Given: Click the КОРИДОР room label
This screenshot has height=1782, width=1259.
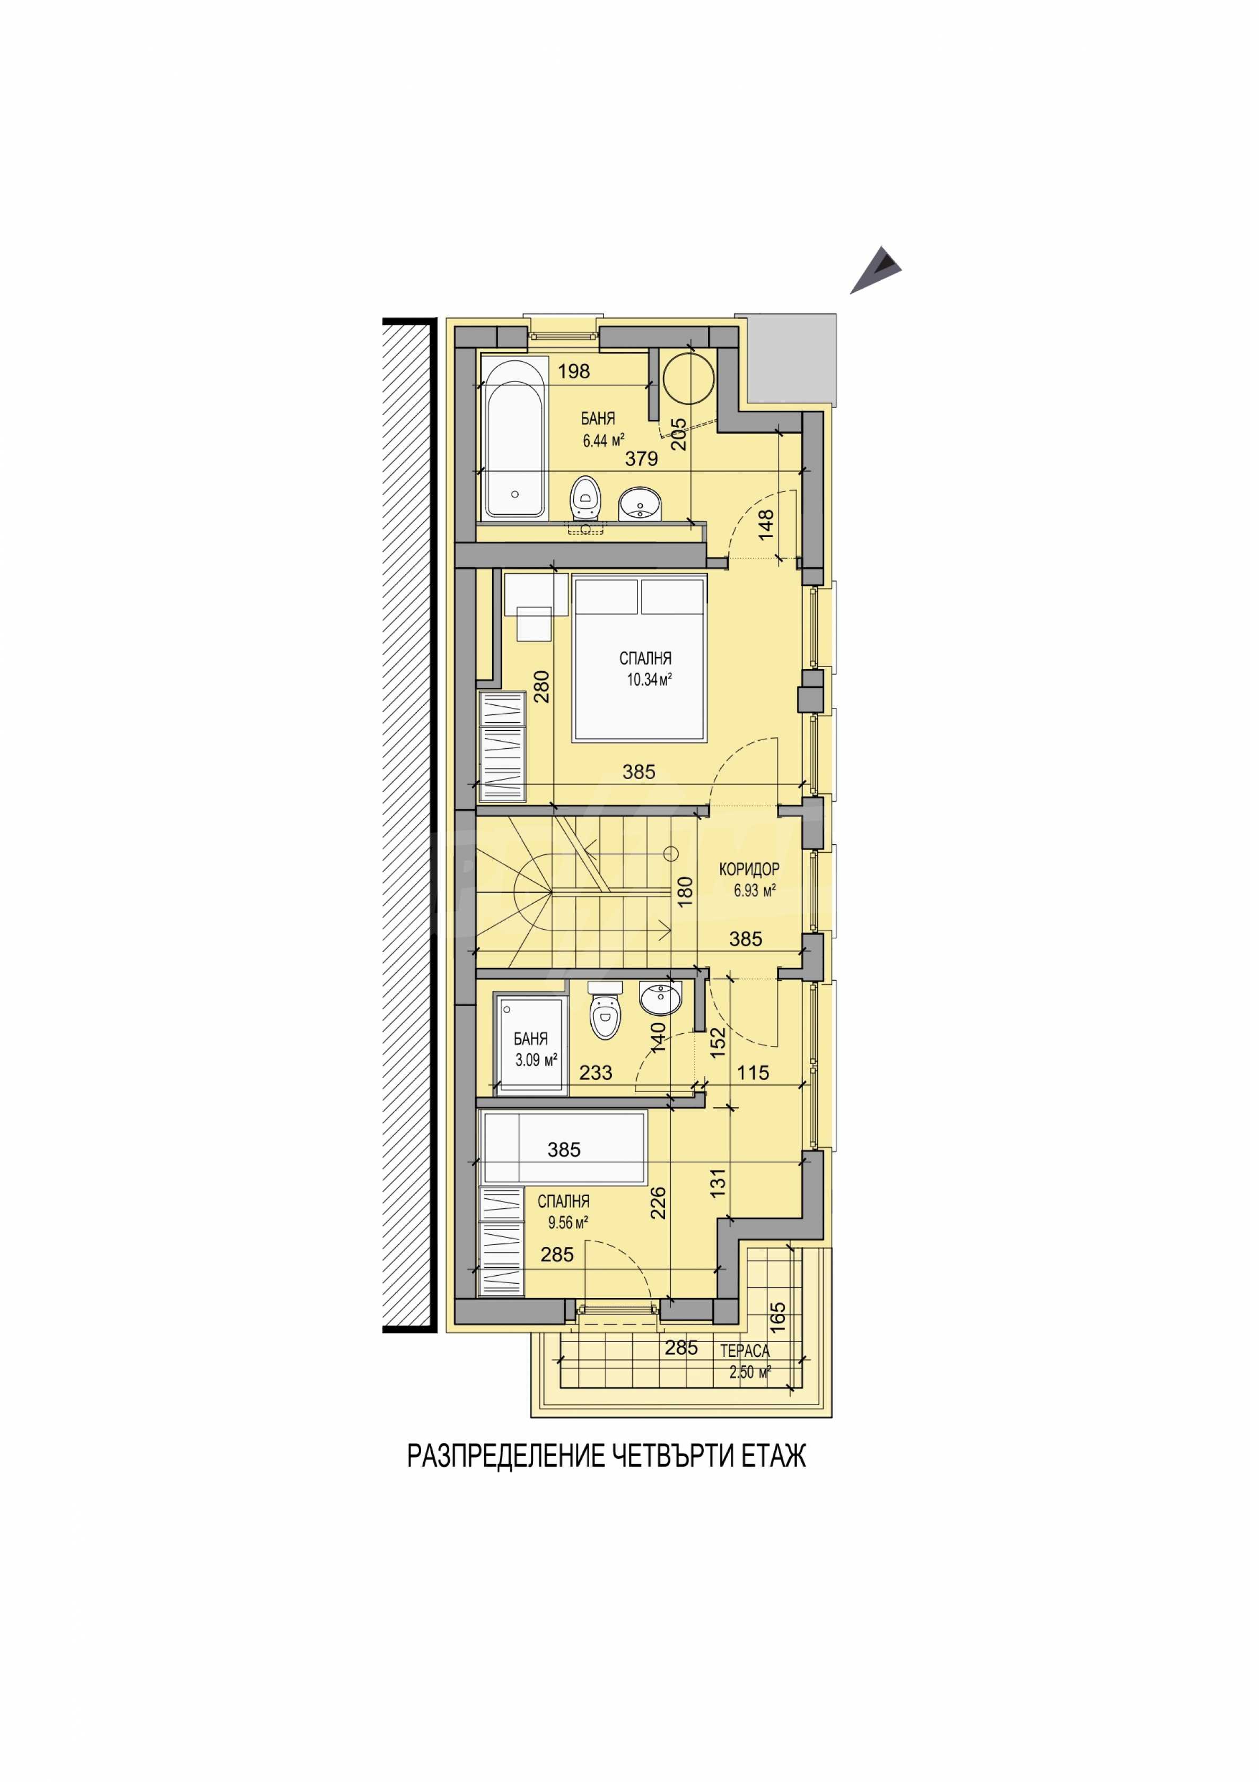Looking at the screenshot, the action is click(749, 869).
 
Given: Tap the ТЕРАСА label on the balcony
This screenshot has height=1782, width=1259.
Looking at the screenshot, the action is click(745, 1351).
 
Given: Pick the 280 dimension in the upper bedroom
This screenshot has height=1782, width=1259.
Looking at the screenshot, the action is click(541, 686).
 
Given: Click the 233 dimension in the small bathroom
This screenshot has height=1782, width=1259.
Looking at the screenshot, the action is click(596, 1072).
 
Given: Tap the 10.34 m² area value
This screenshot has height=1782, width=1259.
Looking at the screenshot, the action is click(649, 680).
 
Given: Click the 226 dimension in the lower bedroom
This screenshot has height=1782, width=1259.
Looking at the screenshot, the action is click(659, 1202).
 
